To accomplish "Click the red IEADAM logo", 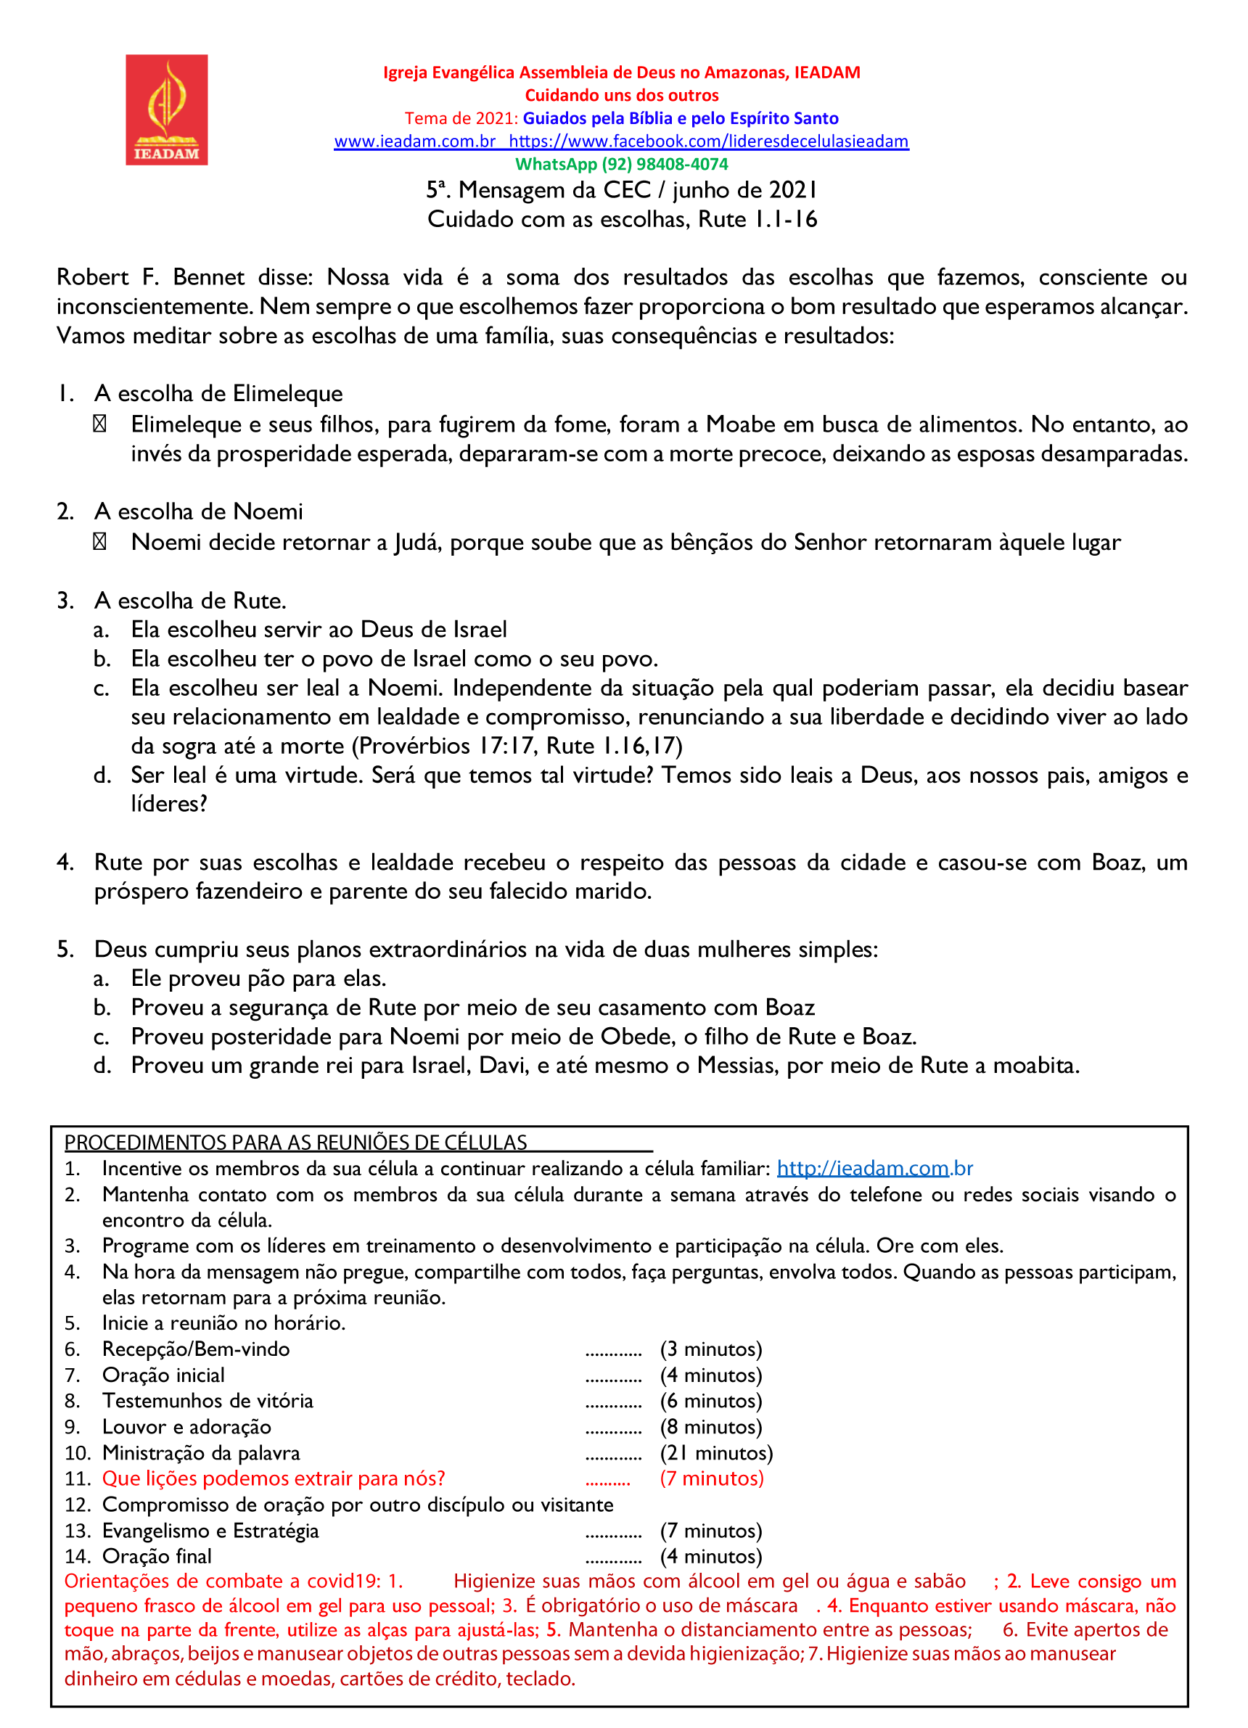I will coord(166,110).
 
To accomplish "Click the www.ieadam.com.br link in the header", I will coord(415,141).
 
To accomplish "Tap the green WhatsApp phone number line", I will coord(622,165).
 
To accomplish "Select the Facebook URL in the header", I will coord(709,141).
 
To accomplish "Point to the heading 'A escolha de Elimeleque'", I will coord(218,394).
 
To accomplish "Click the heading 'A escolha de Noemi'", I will coord(198,512).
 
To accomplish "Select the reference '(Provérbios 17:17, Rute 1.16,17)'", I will coord(517,746).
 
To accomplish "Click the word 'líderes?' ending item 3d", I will coord(168,804).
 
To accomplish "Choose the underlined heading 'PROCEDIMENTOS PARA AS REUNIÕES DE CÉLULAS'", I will coord(295,1143).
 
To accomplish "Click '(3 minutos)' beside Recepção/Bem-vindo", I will coord(711,1349).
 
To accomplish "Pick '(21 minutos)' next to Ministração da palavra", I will coord(716,1453).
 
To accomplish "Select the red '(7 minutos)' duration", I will coord(712,1479).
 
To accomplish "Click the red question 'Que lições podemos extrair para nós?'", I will coord(274,1479).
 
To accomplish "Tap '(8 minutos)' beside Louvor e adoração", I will coord(711,1427).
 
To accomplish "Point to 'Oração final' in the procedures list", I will coord(157,1557).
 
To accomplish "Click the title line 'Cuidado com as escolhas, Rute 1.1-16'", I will coord(622,219).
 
